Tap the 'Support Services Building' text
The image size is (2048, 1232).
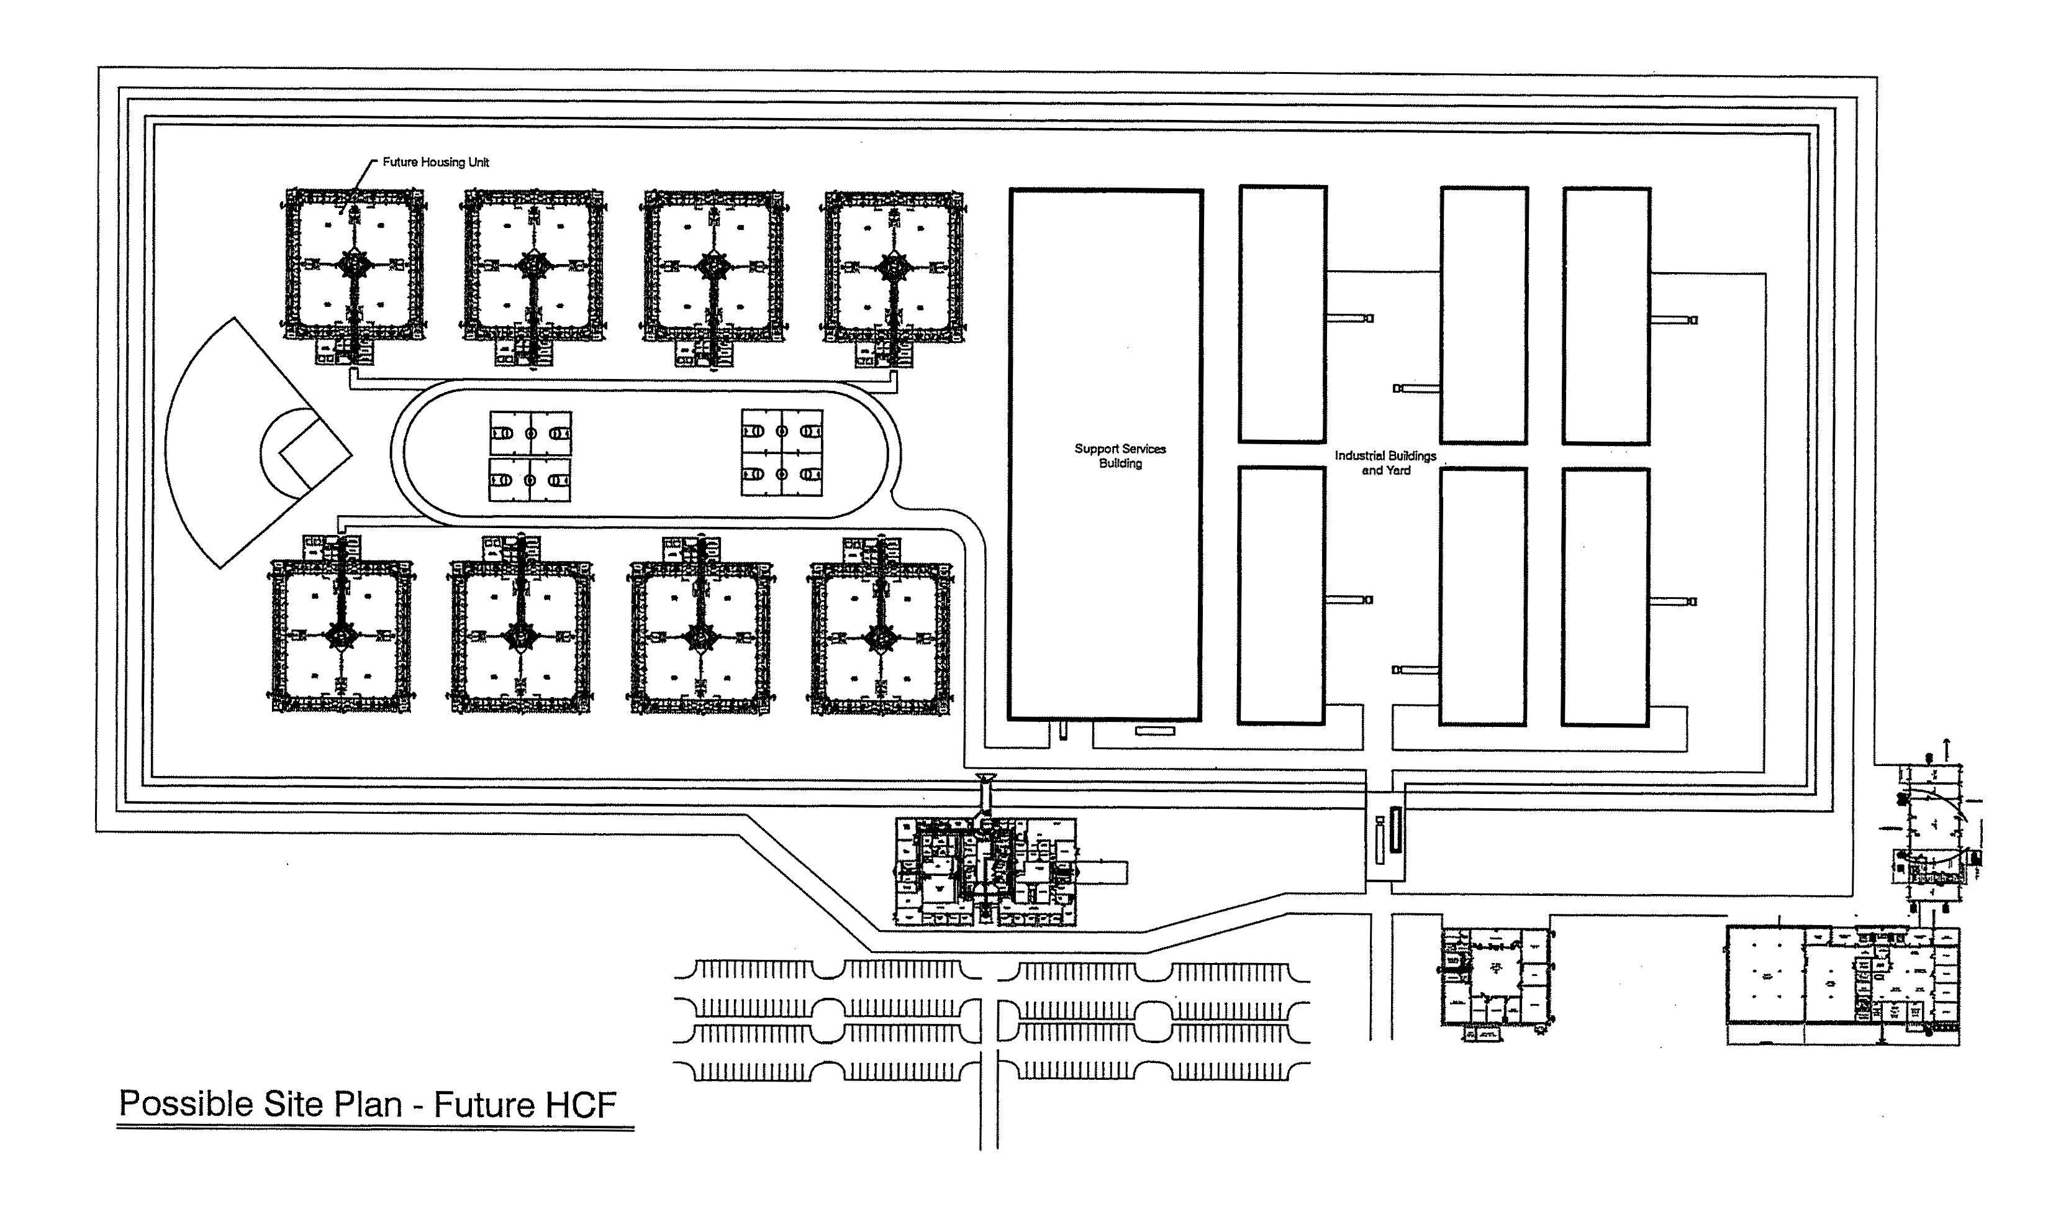pyautogui.click(x=1120, y=456)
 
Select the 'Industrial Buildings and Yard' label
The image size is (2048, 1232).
pyautogui.click(x=1384, y=462)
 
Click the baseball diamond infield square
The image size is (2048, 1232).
pyautogui.click(x=314, y=454)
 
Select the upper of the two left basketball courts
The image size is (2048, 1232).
pyautogui.click(x=530, y=434)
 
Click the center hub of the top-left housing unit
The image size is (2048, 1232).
pyautogui.click(x=355, y=266)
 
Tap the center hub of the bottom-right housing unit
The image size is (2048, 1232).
pyautogui.click(x=879, y=637)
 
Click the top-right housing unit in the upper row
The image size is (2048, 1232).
pyautogui.click(x=894, y=267)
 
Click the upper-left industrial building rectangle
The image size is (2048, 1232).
pyautogui.click(x=1282, y=314)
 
